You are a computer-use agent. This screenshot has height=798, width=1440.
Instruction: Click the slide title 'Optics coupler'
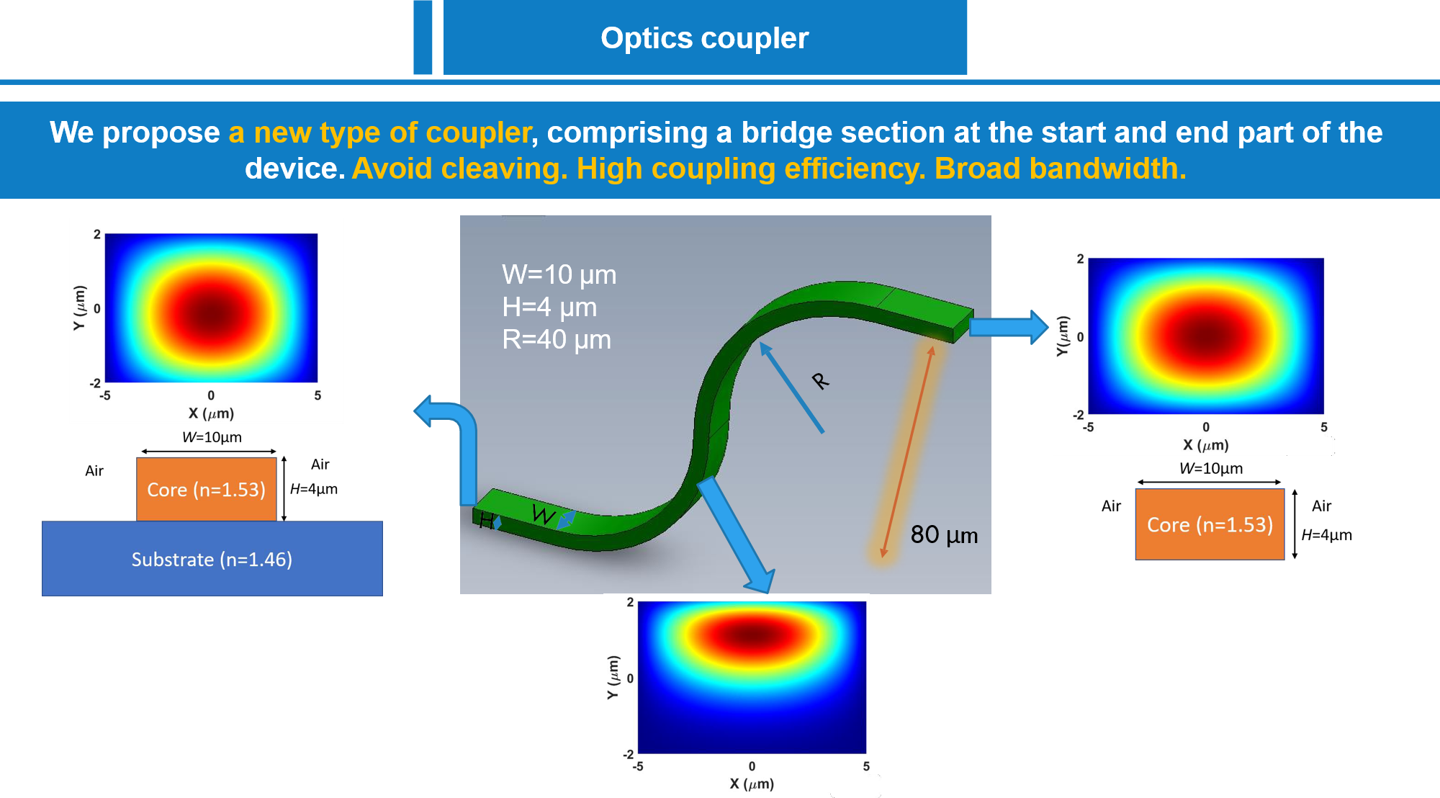705,38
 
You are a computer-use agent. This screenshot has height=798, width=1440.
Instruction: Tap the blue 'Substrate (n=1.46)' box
212,558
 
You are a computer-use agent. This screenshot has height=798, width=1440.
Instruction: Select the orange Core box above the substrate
207,489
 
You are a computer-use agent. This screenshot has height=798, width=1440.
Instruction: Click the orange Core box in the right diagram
1210,524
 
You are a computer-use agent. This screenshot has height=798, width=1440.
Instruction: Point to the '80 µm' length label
944,534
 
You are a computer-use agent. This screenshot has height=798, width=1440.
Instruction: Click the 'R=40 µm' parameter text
557,339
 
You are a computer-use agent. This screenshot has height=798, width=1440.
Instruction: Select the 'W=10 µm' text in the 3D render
559,274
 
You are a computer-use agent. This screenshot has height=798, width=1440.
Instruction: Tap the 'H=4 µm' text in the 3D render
549,307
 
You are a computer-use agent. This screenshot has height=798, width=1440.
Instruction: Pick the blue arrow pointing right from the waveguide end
1009,327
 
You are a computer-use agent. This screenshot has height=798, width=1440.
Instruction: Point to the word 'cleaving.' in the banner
504,169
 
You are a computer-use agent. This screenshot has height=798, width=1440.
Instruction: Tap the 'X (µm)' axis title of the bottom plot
752,784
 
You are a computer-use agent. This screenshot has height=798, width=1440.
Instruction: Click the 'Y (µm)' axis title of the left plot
79,308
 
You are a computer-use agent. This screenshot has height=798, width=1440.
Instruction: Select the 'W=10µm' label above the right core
1211,468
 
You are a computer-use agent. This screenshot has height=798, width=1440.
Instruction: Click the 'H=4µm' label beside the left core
313,489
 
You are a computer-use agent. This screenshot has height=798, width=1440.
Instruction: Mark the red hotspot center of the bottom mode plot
752,635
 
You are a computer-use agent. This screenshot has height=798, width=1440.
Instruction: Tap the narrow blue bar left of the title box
423,37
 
